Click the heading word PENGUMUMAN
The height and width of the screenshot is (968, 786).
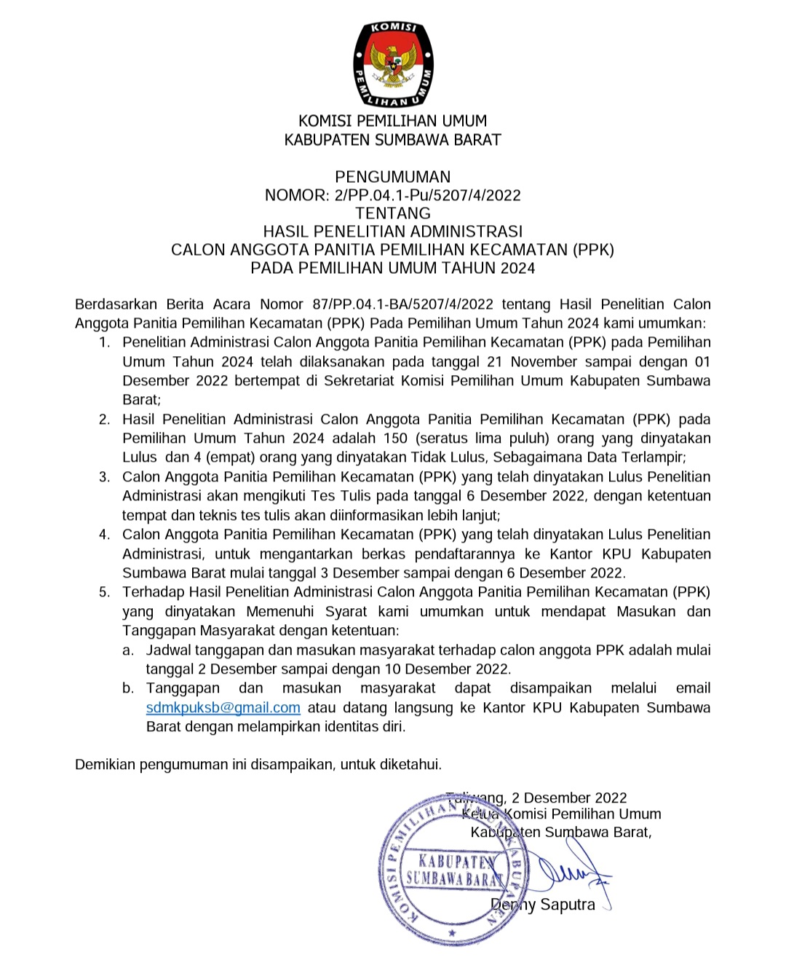(x=392, y=177)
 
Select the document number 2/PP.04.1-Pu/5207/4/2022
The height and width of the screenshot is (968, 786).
(x=428, y=195)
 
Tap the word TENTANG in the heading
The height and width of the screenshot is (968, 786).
(x=392, y=213)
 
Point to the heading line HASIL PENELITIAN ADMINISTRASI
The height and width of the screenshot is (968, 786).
(x=392, y=232)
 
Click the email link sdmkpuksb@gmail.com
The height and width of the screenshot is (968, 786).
(x=223, y=708)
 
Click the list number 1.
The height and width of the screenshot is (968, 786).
(x=105, y=342)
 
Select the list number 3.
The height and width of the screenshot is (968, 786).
(x=105, y=477)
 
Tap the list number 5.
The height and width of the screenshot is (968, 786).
(x=105, y=592)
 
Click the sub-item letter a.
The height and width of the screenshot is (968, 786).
(x=129, y=650)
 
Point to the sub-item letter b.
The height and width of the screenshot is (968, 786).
(x=129, y=688)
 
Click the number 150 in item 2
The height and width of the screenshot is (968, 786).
(x=395, y=438)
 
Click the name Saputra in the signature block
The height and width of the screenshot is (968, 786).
(x=568, y=905)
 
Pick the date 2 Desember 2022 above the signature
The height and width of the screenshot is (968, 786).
(x=569, y=798)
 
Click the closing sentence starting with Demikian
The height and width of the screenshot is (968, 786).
(x=258, y=765)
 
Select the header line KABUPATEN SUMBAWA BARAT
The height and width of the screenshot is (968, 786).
(x=392, y=140)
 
